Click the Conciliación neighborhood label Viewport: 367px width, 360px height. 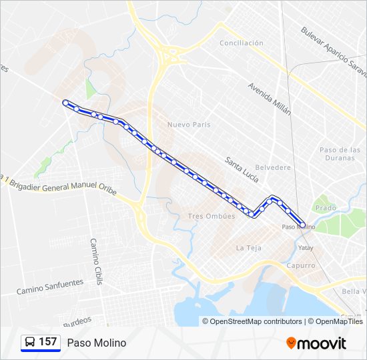pyautogui.click(x=242, y=43)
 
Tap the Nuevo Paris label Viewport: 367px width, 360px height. pyautogui.click(x=189, y=125)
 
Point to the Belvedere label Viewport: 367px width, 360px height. pyautogui.click(x=274, y=167)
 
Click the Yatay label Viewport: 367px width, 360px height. pyautogui.click(x=306, y=248)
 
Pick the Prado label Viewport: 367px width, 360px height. pyautogui.click(x=326, y=208)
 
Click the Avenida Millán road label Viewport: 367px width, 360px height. pyautogui.click(x=270, y=99)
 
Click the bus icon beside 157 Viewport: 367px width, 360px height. pyautogui.click(x=30, y=342)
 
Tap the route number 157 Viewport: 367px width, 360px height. pyautogui.click(x=48, y=342)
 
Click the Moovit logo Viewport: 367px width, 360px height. pyautogui.click(x=316, y=343)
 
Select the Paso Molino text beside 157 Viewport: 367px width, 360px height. pyautogui.click(x=96, y=343)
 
